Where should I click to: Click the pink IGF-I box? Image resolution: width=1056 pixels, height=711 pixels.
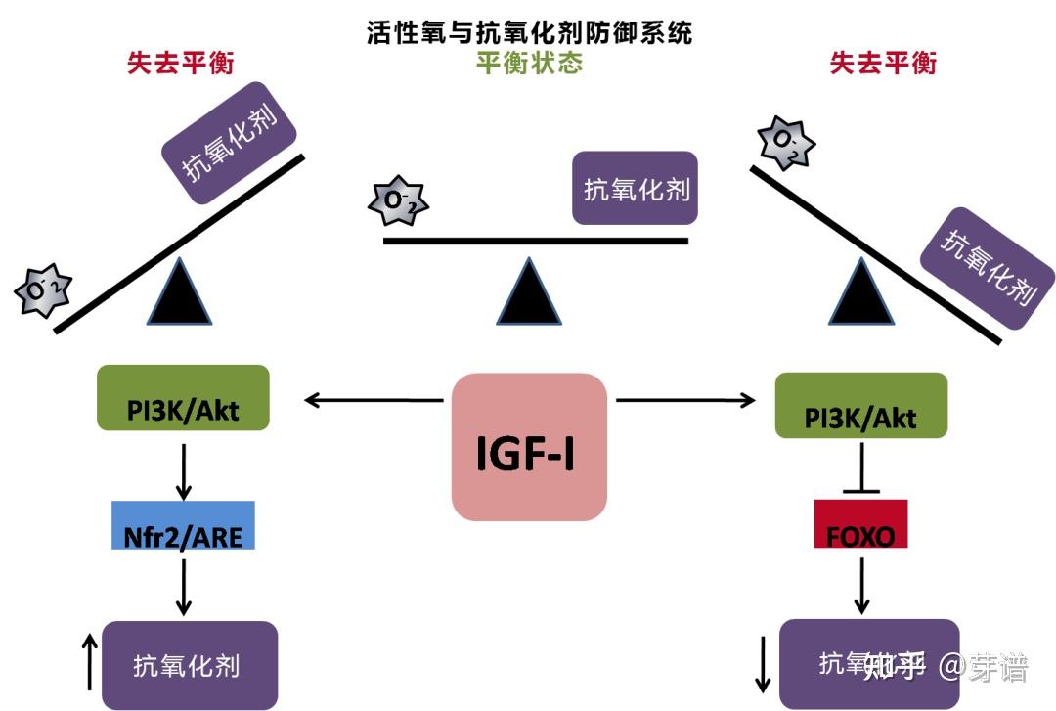[x=529, y=447]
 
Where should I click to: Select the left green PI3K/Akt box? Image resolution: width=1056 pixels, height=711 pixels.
[x=183, y=398]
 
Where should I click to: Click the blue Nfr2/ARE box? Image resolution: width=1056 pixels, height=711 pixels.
[x=183, y=525]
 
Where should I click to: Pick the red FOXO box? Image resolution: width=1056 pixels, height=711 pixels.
[x=860, y=523]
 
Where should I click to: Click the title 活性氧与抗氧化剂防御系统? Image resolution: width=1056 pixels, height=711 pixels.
[x=529, y=32]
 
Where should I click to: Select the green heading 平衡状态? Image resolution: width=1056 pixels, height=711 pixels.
[x=529, y=64]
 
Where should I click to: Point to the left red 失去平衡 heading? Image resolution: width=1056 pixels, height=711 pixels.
[x=181, y=64]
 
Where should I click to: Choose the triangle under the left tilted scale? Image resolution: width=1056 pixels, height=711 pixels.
[x=179, y=293]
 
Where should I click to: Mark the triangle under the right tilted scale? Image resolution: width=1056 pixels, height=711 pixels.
[x=861, y=293]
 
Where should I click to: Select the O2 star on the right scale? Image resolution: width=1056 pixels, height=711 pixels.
[x=787, y=142]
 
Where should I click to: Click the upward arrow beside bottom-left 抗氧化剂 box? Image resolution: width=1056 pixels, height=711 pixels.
[x=89, y=661]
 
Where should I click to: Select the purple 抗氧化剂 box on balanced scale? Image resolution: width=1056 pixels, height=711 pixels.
[x=635, y=188]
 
